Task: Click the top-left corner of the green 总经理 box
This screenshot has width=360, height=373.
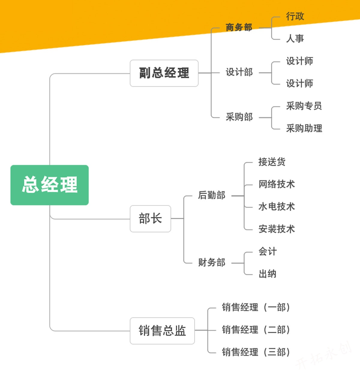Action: click(x=11, y=165)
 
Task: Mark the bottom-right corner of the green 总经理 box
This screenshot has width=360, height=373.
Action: click(x=88, y=205)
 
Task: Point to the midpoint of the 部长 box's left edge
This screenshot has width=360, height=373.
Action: click(x=130, y=219)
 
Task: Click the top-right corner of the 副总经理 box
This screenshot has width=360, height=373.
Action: click(x=198, y=60)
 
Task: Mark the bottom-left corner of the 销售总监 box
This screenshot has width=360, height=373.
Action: click(x=130, y=344)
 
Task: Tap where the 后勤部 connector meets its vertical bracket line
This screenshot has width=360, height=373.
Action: click(x=244, y=196)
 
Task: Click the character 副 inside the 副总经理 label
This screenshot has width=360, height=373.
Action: click(x=145, y=73)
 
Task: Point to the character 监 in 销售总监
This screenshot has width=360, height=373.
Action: click(x=180, y=331)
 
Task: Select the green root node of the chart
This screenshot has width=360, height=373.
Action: click(x=49, y=185)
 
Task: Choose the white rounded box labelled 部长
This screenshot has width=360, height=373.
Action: click(x=150, y=219)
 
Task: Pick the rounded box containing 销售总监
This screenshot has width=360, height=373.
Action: click(x=162, y=331)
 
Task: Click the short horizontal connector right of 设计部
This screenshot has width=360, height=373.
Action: click(x=265, y=73)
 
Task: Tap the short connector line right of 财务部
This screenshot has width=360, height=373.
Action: click(x=238, y=263)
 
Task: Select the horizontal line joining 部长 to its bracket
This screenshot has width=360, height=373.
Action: click(x=177, y=218)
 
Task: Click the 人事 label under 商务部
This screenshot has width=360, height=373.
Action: click(x=295, y=38)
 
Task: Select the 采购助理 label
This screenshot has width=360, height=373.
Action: click(x=304, y=128)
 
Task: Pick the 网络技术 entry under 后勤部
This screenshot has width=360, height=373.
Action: click(x=277, y=184)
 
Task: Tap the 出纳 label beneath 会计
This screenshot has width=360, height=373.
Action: click(x=268, y=274)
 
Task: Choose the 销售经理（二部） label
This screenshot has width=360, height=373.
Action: click(x=256, y=330)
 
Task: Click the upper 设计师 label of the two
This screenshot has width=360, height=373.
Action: click(x=299, y=61)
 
